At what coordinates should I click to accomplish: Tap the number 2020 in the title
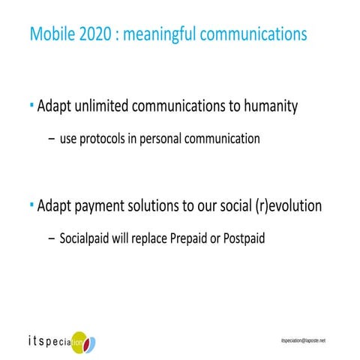94,34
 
